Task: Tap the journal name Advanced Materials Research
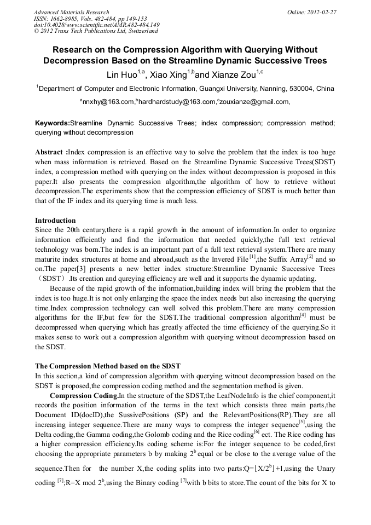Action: coord(71,12)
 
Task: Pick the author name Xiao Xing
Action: coord(167,74)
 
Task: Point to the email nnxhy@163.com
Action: coord(108,102)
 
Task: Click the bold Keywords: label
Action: coord(53,123)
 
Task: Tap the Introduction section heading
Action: coord(55,220)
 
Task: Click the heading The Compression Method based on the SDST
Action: coord(108,366)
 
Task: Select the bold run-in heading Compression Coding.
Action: coord(84,395)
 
